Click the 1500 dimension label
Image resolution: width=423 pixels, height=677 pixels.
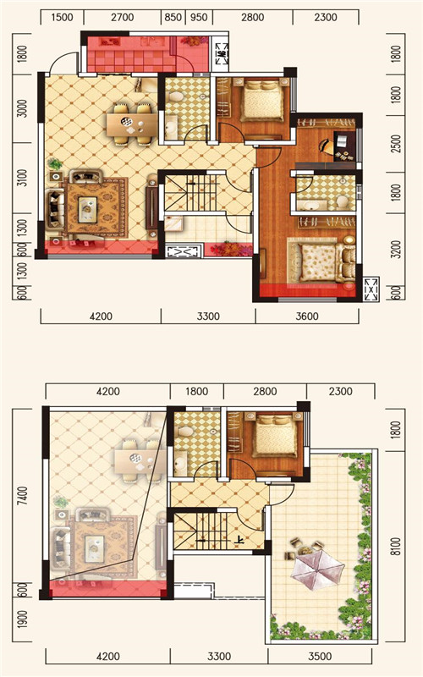62,18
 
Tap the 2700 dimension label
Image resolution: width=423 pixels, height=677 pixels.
122,18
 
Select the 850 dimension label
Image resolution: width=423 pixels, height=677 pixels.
173,18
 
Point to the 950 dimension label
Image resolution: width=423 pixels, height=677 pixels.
199,18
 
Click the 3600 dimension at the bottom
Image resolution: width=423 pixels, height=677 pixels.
307,316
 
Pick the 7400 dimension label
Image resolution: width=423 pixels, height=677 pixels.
23,498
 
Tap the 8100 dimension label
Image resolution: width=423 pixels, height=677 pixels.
395,546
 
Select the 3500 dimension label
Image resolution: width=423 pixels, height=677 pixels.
320,657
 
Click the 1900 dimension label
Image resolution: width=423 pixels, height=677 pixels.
23,619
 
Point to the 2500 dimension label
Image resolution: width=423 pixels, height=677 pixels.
395,144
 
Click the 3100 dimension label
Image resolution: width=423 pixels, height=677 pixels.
23,178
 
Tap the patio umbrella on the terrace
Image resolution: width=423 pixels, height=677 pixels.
317,569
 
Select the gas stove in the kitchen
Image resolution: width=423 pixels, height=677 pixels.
110,42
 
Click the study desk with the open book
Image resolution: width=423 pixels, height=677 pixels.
344,146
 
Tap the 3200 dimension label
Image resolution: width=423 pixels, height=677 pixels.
395,249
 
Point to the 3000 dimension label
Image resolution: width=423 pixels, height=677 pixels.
23,108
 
